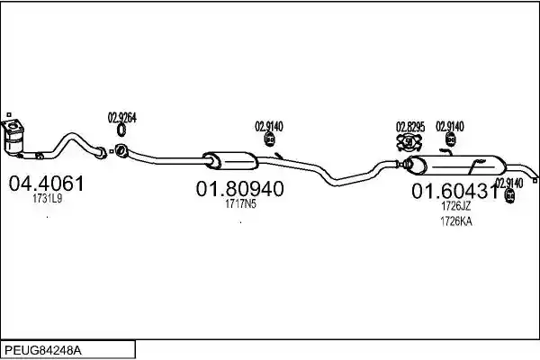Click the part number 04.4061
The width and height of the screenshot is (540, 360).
tap(46, 184)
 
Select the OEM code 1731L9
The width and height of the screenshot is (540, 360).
tap(47, 198)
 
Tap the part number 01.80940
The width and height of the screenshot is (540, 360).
tap(240, 189)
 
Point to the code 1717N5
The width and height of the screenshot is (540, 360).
tap(240, 204)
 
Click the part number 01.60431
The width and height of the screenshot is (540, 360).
tap(454, 191)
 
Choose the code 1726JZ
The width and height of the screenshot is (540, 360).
tap(455, 206)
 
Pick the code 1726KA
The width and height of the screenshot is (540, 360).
tap(456, 221)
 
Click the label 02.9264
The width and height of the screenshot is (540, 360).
tap(121, 118)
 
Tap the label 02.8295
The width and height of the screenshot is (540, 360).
tap(410, 127)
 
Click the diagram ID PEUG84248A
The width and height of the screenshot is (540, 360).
tap(43, 351)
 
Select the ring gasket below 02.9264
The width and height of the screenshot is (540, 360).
tap(121, 130)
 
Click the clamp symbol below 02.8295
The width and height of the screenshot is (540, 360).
tap(409, 142)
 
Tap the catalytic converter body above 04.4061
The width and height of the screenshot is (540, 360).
tap(13, 138)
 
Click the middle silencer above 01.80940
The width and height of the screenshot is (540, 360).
tap(230, 160)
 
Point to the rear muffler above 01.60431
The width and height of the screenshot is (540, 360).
tap(455, 165)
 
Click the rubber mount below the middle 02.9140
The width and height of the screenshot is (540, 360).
tap(269, 139)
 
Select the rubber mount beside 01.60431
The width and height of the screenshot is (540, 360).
tap(509, 195)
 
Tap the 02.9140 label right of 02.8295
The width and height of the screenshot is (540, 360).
tap(450, 126)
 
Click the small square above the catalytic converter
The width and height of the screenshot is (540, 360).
tap(9, 114)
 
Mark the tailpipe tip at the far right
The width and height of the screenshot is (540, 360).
tap(535, 180)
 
